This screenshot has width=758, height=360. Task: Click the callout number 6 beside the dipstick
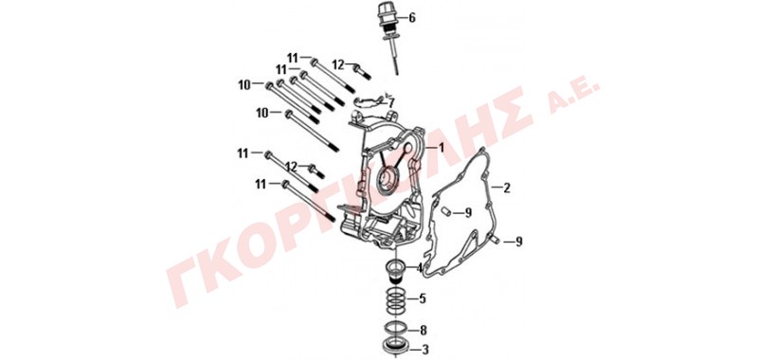412,18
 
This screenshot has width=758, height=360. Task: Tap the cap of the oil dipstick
387,16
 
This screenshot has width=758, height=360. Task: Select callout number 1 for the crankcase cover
441,147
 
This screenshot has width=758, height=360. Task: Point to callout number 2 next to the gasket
507,188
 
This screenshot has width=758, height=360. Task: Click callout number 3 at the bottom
425,349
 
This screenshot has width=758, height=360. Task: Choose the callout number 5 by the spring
423,298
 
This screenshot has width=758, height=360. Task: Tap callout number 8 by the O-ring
424,331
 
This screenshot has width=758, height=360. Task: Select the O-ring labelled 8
395,328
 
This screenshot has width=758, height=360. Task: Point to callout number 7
391,103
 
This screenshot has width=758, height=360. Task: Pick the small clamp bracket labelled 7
369,101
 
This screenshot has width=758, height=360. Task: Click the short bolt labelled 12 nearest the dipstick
362,72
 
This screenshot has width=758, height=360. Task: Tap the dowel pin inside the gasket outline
447,211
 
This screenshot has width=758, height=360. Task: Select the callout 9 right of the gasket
518,242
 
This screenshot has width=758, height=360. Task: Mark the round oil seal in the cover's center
389,180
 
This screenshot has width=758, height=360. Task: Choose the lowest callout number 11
262,184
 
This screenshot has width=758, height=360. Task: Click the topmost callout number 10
244,85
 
